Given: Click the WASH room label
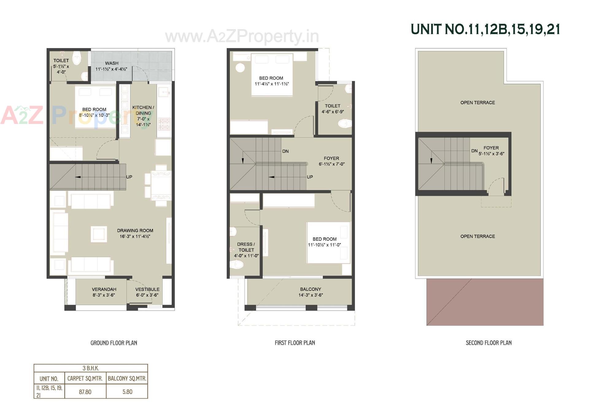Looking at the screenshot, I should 112,63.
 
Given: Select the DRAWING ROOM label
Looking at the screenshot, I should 135,231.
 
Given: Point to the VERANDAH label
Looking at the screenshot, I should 104,289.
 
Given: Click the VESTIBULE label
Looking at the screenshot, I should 147,289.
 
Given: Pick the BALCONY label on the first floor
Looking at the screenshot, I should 310,289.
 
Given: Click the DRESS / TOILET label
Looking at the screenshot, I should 246,247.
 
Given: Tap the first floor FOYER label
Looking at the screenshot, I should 331,158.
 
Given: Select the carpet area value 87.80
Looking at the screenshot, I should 85,392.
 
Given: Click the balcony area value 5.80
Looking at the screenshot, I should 127,392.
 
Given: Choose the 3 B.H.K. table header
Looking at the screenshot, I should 91,368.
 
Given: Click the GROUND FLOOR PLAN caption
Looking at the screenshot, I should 114,343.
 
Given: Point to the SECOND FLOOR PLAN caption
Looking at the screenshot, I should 488,343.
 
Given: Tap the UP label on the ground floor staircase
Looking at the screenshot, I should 129,177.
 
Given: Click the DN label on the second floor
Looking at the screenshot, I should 474,151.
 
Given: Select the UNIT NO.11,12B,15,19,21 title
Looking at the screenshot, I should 485,29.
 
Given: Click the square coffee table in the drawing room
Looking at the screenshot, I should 98,234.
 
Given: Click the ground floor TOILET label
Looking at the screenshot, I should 61,60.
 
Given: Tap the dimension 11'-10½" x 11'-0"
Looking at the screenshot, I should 325,245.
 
